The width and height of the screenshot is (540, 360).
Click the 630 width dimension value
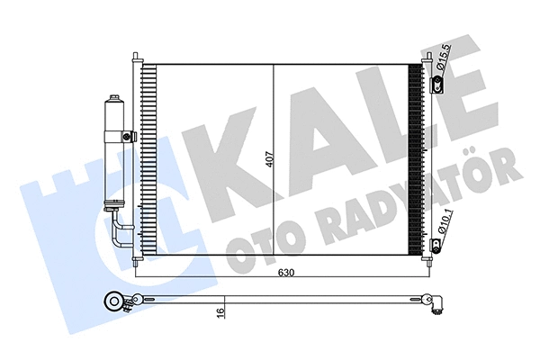click(286, 273)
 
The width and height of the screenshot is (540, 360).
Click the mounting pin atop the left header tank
click(134, 57)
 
